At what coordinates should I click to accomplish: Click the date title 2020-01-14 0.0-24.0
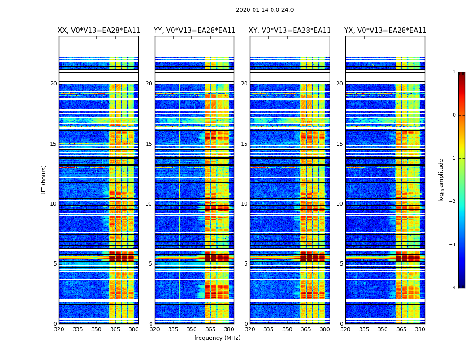point(265,10)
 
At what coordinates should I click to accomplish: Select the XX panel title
point(99,31)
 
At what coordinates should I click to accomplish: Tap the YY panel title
point(194,31)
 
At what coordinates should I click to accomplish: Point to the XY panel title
point(290,31)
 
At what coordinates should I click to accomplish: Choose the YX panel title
point(385,31)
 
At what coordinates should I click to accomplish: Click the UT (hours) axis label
point(44,180)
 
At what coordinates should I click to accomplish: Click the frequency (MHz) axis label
point(217,338)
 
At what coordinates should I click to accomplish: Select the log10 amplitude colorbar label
point(441,180)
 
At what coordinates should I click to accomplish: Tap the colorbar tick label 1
point(454,72)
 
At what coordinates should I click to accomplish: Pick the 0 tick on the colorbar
point(454,115)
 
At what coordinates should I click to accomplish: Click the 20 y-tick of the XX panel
point(53,84)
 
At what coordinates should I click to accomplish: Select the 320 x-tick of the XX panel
point(59,329)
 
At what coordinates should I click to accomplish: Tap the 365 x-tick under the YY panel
point(211,329)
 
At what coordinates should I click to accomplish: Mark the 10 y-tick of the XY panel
point(245,204)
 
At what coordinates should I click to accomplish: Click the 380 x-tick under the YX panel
point(420,329)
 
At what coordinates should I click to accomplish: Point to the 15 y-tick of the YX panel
point(340,144)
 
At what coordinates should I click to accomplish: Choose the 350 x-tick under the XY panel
point(287,329)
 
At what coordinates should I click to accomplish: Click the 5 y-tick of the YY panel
point(151,264)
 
